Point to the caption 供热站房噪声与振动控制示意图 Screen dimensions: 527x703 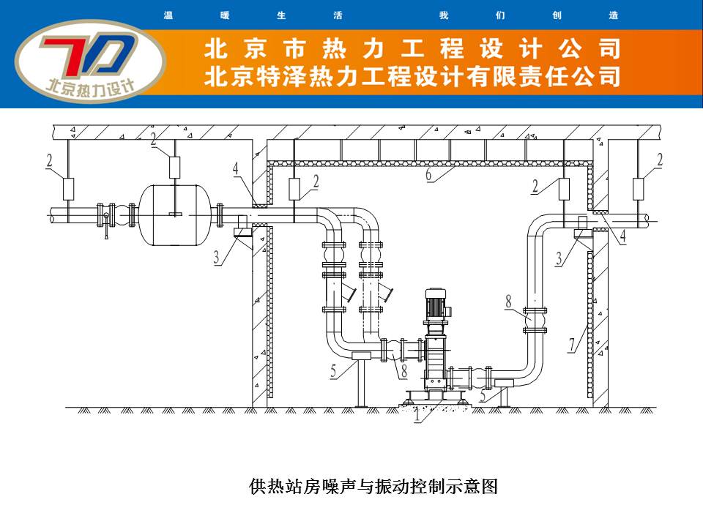[373, 486]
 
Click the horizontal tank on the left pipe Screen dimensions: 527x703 [175, 214]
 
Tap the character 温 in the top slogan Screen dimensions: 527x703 [168, 15]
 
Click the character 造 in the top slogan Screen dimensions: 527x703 [613, 15]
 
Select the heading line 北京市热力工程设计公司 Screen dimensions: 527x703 [412, 50]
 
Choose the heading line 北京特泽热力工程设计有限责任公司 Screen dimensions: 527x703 [414, 76]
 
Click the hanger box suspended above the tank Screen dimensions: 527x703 [175, 167]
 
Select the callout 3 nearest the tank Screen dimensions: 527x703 [217, 260]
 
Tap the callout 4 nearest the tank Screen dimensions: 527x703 [236, 169]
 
